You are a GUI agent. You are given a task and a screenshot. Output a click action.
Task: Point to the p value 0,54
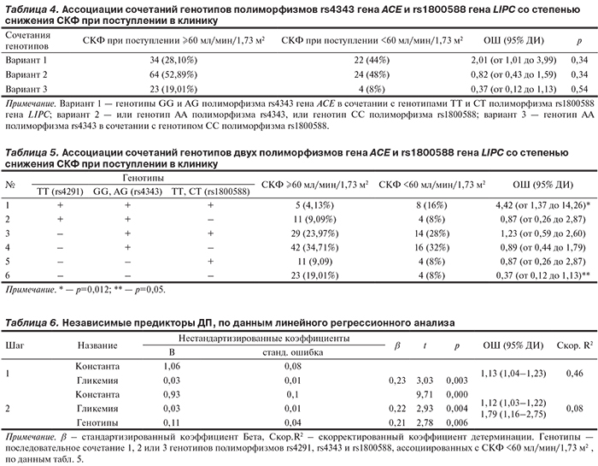point(580,88)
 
